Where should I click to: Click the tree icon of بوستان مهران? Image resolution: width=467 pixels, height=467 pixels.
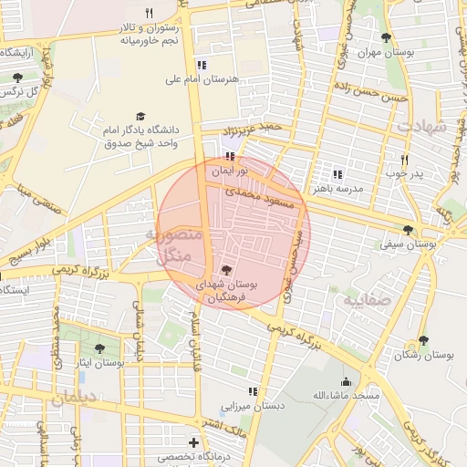(x=386, y=37)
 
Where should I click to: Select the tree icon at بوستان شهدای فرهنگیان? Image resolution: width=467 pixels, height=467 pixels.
(x=226, y=269)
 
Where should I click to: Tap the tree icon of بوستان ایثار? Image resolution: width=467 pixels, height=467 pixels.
(x=100, y=348)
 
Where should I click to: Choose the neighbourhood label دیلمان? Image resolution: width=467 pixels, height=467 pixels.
(x=73, y=399)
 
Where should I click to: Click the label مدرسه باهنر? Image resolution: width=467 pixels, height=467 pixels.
(x=337, y=187)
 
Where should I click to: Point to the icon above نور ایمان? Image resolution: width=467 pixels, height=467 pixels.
(x=228, y=157)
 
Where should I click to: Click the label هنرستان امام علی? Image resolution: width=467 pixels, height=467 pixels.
(x=201, y=79)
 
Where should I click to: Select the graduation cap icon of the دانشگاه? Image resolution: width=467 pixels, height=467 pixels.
(x=140, y=116)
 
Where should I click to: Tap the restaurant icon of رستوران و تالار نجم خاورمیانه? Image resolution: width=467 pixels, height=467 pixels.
(x=150, y=14)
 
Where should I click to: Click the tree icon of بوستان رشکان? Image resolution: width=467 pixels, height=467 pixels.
(x=422, y=340)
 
